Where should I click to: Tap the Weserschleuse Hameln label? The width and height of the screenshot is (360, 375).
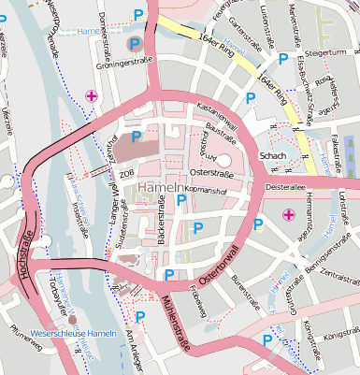click(75, 332)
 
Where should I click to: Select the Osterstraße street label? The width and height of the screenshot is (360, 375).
click(209, 172)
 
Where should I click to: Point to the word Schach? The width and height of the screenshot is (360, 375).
click(272, 156)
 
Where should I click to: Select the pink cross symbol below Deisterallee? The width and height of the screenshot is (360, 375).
click(287, 217)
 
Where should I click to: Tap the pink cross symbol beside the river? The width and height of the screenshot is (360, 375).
click(91, 95)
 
